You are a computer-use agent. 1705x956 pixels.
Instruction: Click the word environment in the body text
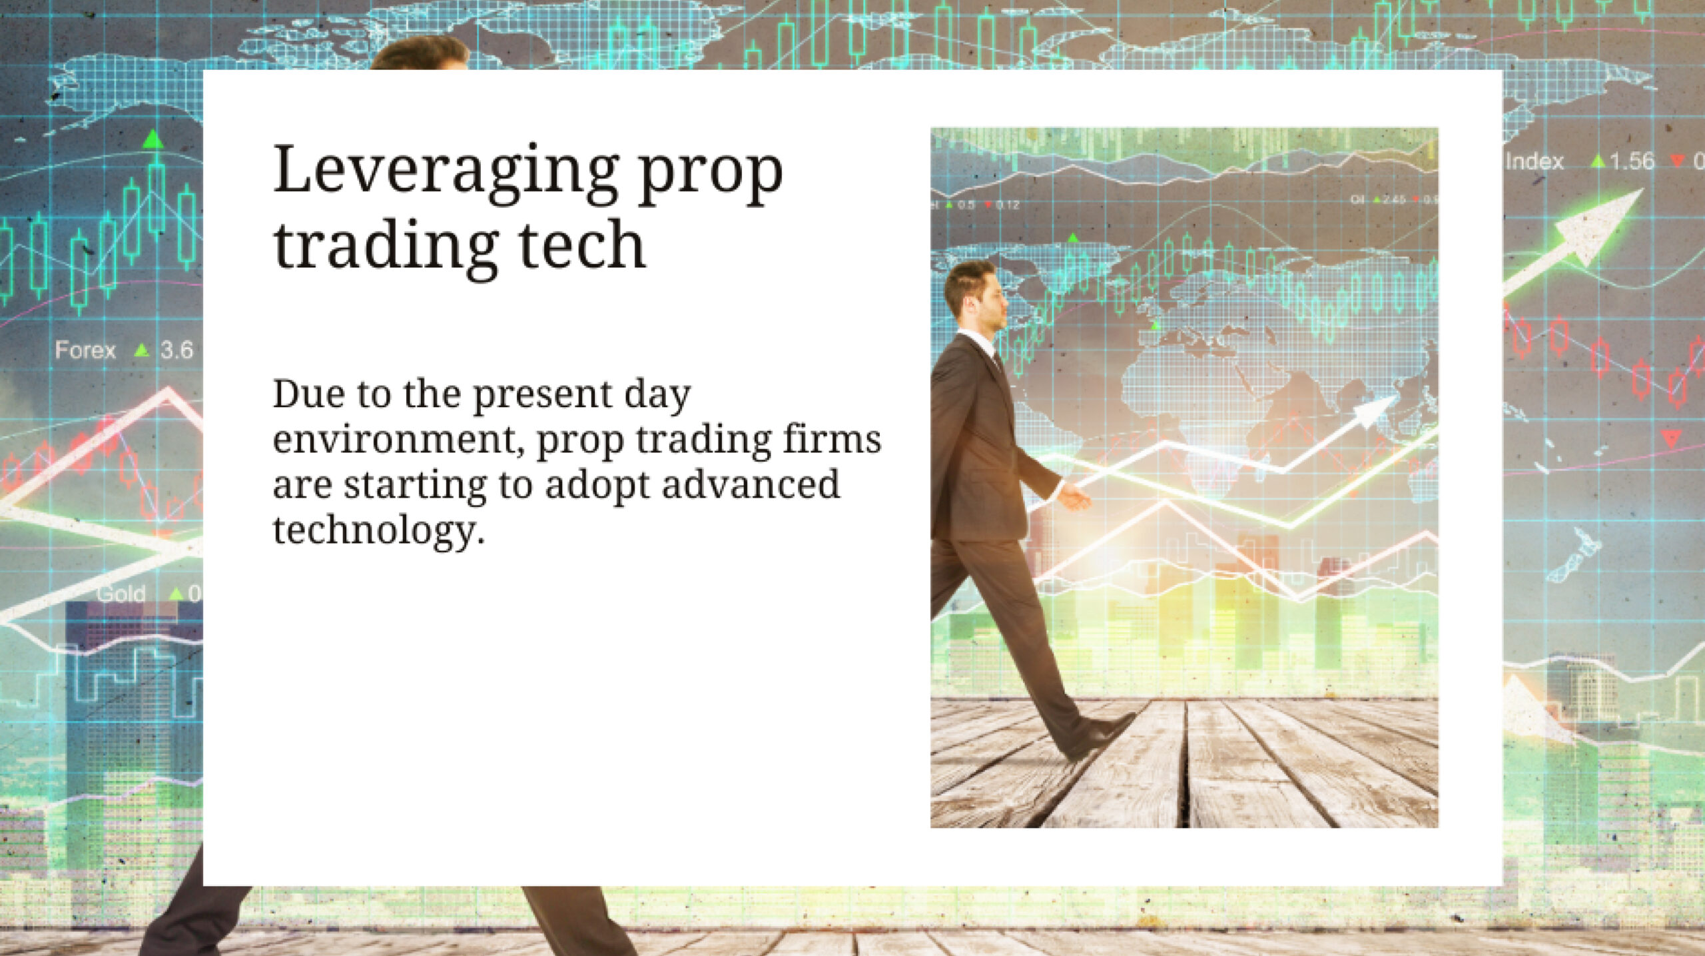click(x=394, y=440)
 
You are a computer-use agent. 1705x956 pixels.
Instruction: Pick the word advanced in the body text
click(x=751, y=484)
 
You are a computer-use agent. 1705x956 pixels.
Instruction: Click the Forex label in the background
click(x=85, y=350)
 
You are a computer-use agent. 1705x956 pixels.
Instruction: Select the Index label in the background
click(x=1534, y=162)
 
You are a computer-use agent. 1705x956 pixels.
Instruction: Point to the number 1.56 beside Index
click(x=1632, y=162)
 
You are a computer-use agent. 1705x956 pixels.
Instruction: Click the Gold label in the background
click(x=121, y=594)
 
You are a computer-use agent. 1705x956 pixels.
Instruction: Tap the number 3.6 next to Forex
click(x=176, y=350)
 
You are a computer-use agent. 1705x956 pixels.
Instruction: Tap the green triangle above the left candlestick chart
click(x=154, y=139)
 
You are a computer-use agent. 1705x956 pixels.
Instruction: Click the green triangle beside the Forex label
click(x=141, y=350)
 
